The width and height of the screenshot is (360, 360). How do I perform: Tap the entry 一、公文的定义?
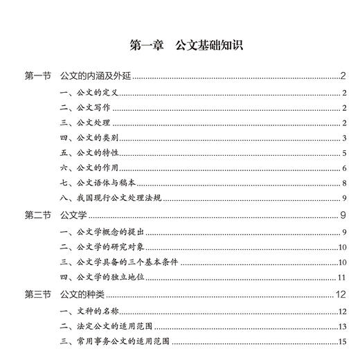coord(85,92)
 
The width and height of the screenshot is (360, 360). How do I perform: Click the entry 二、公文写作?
coord(81,107)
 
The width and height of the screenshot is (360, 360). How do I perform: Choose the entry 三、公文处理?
coord(81,123)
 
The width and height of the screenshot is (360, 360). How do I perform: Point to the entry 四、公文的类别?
coord(85,138)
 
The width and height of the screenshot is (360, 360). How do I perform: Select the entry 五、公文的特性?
coord(85,152)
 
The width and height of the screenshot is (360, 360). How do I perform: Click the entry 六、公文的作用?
coord(85,168)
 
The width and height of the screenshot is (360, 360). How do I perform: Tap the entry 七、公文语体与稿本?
coord(94,183)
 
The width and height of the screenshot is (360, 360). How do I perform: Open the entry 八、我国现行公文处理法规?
coord(111,198)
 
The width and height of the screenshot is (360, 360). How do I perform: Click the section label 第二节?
coord(37,215)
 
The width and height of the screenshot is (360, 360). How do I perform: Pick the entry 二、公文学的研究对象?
coord(102,246)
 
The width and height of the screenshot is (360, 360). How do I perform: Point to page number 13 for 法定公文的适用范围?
coord(342,326)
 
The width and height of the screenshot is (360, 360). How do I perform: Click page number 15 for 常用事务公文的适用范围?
coord(342,341)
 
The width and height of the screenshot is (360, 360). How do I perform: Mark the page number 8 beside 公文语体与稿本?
coord(344,183)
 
